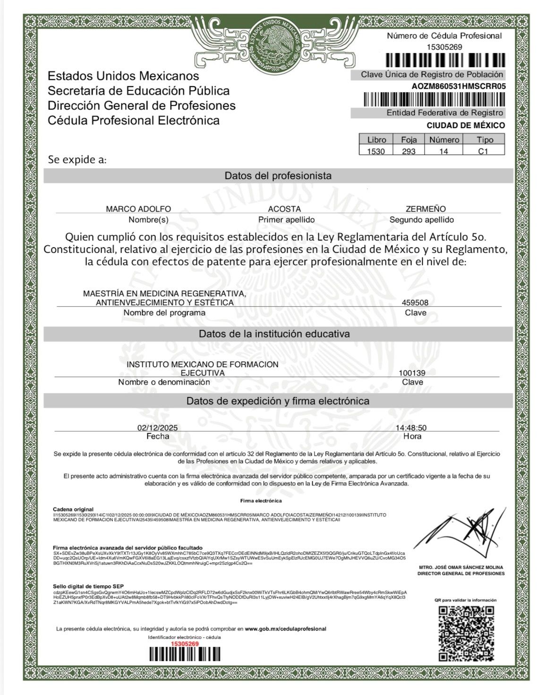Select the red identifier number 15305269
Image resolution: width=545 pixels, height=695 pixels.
184,644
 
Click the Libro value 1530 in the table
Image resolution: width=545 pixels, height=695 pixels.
376,151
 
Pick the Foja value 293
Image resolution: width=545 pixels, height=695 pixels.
409,151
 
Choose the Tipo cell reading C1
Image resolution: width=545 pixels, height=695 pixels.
483,151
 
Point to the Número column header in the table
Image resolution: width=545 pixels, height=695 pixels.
444,139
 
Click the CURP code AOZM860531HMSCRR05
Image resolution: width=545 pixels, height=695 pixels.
459,86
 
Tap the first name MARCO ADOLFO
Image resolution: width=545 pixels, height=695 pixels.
138,209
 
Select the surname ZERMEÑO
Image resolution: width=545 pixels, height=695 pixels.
426,209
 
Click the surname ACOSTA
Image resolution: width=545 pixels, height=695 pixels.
284,209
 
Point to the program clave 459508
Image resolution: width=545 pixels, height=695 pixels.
415,302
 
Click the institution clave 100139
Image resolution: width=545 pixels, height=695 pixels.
412,373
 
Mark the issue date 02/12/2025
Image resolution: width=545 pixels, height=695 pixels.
158,428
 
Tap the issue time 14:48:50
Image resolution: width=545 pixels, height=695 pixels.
411,428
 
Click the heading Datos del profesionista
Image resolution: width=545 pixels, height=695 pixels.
278,176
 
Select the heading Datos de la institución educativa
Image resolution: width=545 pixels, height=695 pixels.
274,334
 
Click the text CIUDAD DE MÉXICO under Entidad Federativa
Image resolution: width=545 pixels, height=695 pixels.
466,125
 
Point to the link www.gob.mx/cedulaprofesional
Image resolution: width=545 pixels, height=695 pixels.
285,629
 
